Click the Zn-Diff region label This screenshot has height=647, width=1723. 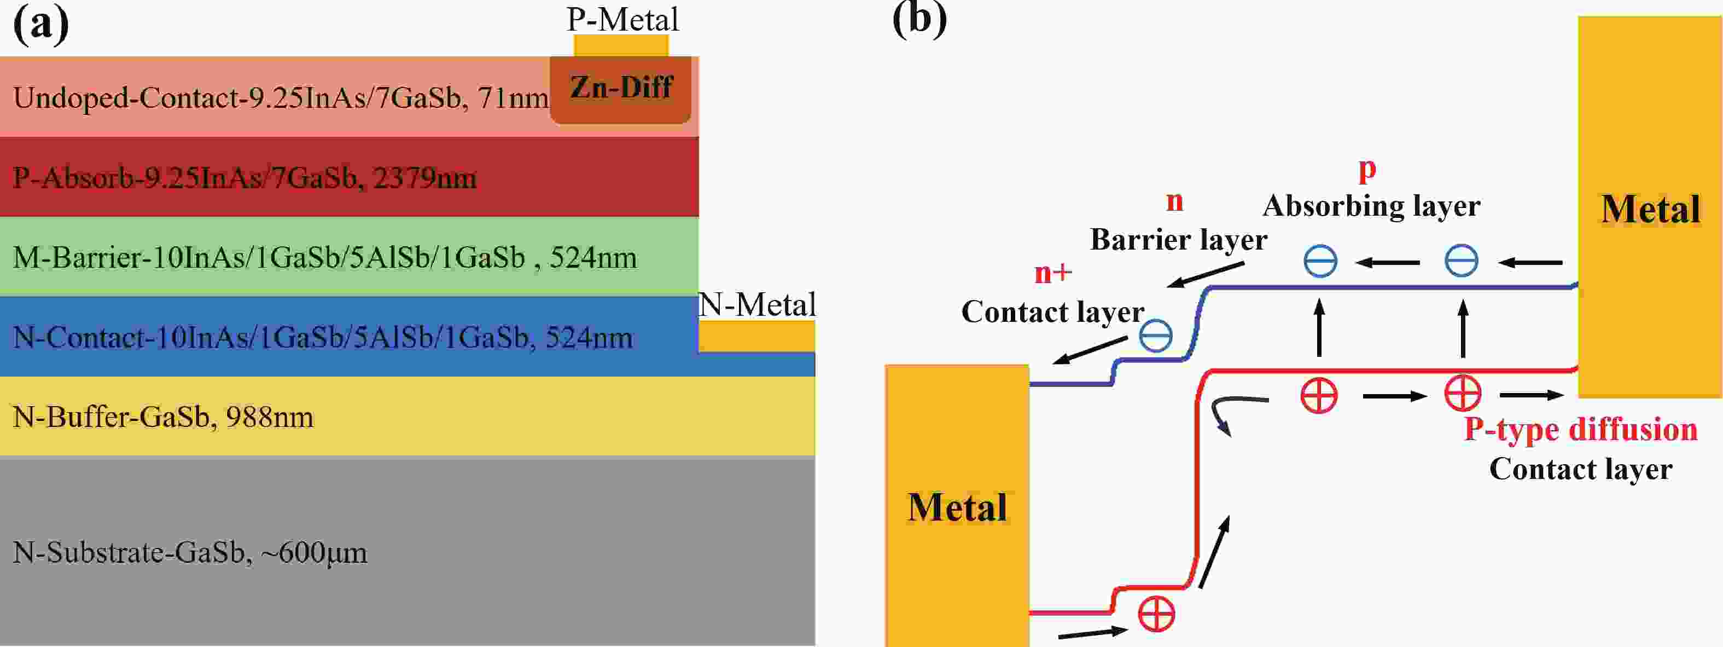[x=621, y=88]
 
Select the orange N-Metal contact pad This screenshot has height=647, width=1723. [x=756, y=336]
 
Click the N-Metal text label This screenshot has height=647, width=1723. [x=756, y=305]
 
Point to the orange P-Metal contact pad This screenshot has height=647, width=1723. [x=621, y=45]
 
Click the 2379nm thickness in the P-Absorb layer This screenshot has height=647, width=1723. [x=424, y=178]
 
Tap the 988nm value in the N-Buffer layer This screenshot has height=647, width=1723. [x=270, y=418]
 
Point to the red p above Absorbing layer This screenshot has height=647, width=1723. [x=1367, y=170]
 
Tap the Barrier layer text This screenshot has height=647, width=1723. [x=1179, y=240]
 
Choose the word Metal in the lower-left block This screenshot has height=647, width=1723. [x=957, y=507]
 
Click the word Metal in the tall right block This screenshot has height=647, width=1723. [x=1650, y=210]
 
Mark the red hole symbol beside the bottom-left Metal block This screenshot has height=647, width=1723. [x=1156, y=614]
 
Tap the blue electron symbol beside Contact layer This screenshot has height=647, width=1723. [x=1155, y=335]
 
